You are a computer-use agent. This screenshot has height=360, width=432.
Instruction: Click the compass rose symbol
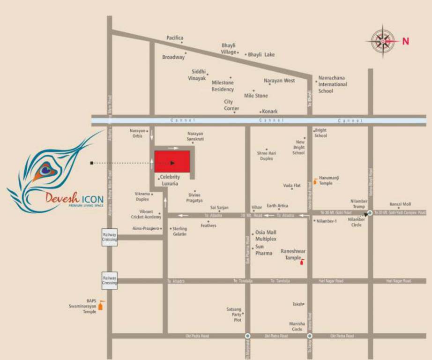[383, 41]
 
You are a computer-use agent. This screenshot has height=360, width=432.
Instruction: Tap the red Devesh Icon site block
[172, 161]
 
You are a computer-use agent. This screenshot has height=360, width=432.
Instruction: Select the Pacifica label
[175, 38]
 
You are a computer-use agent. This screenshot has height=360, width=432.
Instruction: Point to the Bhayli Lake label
[261, 55]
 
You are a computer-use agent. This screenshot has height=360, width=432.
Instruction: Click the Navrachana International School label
[333, 84]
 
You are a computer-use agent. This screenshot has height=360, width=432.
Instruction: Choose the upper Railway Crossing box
[110, 238]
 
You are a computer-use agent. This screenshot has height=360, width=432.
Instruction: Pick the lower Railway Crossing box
[110, 280]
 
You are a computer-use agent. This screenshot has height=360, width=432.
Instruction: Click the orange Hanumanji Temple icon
[315, 181]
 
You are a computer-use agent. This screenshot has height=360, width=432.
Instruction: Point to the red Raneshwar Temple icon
[302, 260]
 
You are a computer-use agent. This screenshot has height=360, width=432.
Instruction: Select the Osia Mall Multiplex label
[266, 236]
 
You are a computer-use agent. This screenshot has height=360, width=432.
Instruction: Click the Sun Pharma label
[264, 250]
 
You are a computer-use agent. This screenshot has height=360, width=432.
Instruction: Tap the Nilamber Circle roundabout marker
[370, 213]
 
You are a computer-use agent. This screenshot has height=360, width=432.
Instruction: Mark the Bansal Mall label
[400, 204]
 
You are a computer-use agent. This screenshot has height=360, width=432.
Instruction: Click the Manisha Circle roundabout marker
[310, 336]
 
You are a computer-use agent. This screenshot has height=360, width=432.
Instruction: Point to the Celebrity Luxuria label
[170, 180]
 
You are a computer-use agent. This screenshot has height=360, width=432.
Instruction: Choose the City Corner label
[231, 105]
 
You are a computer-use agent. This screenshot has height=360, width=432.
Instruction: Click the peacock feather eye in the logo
[45, 170]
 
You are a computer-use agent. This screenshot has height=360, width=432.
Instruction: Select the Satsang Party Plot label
[234, 315]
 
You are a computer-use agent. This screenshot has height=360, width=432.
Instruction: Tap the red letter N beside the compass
[406, 41]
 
